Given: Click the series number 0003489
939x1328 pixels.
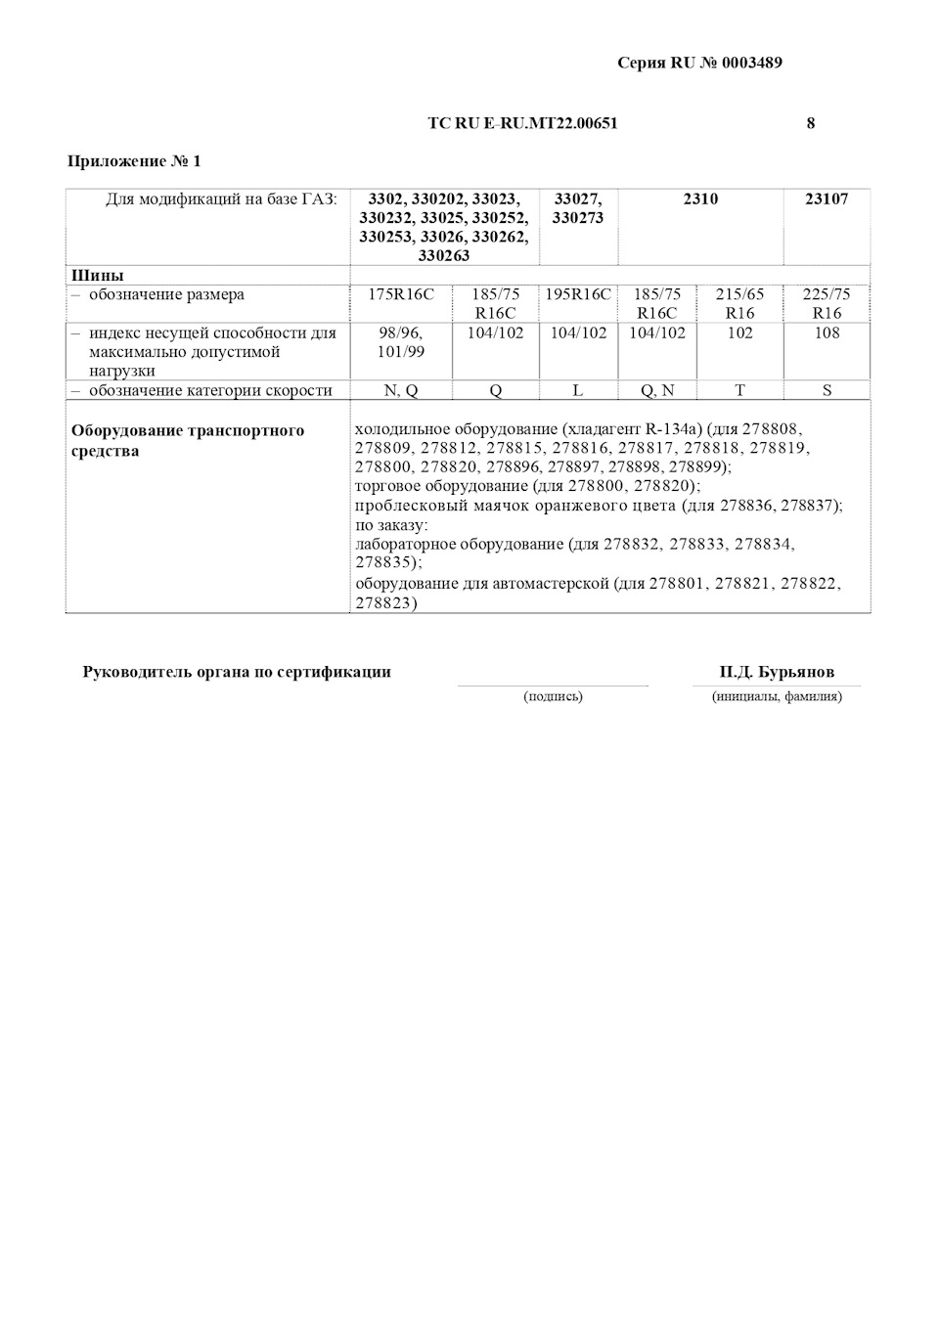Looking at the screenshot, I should click(x=751, y=64).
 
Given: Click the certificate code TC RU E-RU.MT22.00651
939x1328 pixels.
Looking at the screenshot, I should click(x=522, y=123).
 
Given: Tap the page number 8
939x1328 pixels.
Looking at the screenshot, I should click(x=811, y=123).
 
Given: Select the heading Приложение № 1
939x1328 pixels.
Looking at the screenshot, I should click(x=134, y=161).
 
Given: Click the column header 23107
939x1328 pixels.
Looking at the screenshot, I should click(x=827, y=199).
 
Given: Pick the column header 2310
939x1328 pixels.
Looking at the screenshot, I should click(x=700, y=199).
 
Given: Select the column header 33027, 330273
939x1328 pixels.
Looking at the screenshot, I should click(x=578, y=208).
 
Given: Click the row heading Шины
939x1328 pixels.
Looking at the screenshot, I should click(x=97, y=275).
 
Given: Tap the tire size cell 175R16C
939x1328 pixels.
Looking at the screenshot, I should click(x=401, y=294).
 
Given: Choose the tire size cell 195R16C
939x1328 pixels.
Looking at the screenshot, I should click(x=578, y=294).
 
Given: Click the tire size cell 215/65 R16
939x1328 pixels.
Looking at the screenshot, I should click(x=739, y=303).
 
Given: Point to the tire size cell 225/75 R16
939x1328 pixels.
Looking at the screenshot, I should click(x=827, y=303).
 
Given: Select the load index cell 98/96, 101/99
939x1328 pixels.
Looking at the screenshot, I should click(x=401, y=342).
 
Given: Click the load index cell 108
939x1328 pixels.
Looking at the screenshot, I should click(x=827, y=332).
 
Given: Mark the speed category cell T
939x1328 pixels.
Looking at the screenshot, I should click(x=739, y=390).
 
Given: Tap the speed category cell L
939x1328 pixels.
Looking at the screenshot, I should click(x=578, y=390).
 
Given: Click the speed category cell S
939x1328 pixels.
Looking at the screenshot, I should click(x=827, y=390).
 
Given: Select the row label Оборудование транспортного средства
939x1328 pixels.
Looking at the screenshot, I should click(x=188, y=441).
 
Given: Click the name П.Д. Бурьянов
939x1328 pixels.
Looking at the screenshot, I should click(x=777, y=673).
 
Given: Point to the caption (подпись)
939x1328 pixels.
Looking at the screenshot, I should click(x=553, y=696).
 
